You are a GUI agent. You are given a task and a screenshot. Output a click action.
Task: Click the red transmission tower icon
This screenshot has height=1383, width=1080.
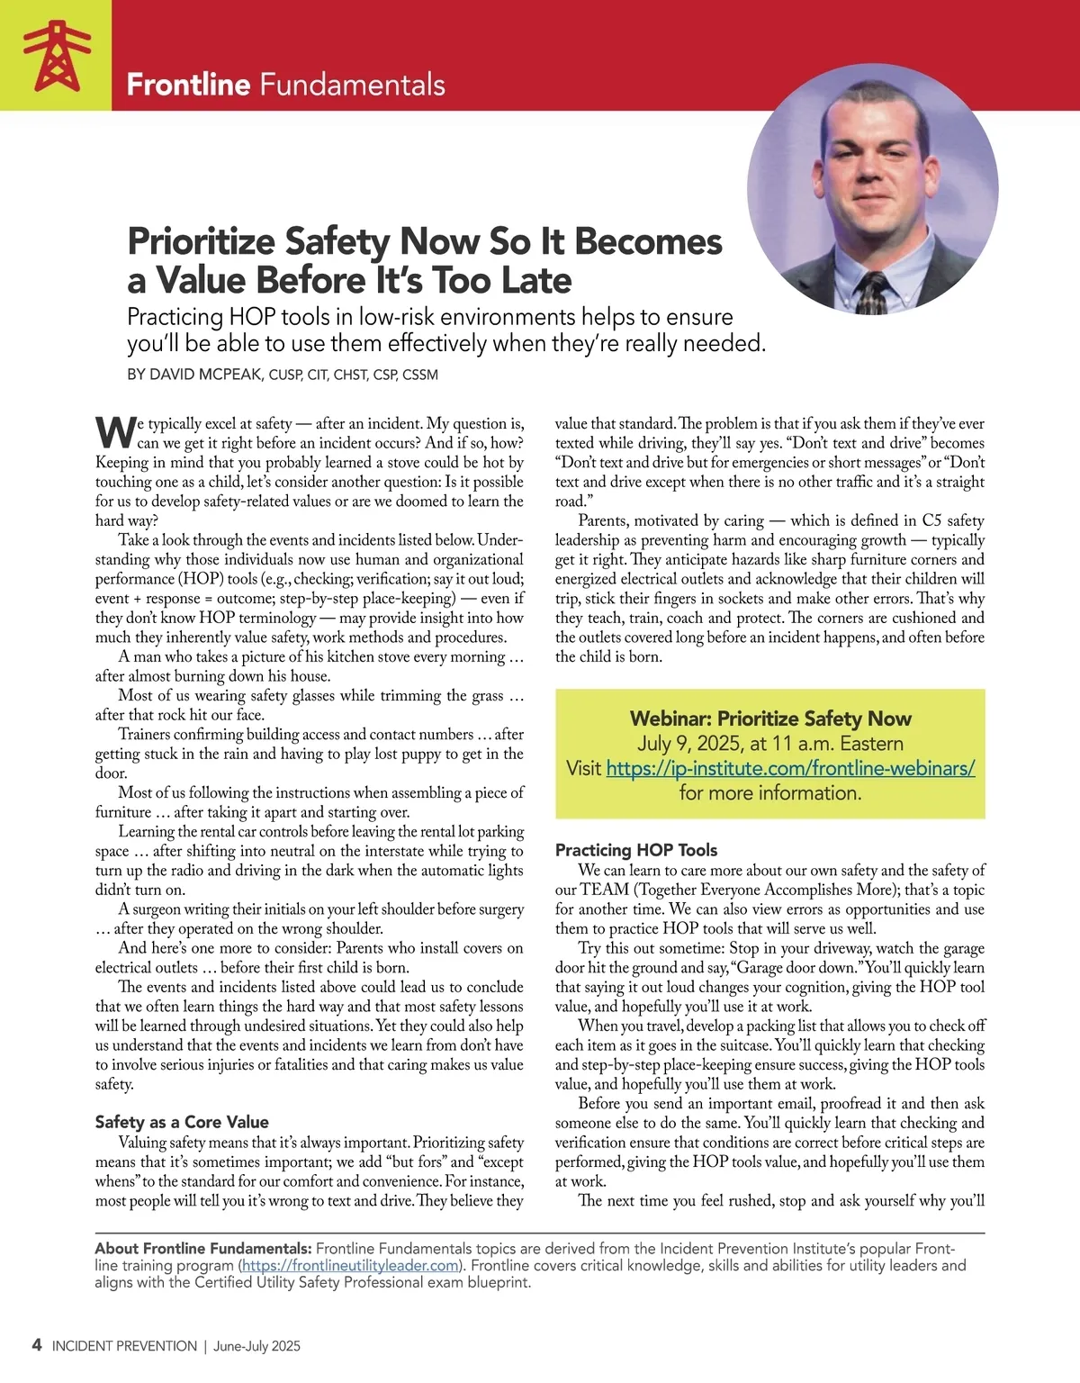[56, 56]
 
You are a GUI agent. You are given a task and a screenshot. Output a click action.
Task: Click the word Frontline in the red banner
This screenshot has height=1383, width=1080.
[188, 85]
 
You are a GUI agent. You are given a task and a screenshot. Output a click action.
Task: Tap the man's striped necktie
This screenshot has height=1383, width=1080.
[872, 293]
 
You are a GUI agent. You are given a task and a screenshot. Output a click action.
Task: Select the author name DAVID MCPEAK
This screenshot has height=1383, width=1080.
[206, 375]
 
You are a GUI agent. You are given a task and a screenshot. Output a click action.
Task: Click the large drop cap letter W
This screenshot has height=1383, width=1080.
[115, 432]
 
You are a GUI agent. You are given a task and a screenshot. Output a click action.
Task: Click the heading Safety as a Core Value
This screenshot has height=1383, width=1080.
[182, 1122]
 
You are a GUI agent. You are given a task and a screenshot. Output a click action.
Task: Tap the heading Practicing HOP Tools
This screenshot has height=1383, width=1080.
[636, 850]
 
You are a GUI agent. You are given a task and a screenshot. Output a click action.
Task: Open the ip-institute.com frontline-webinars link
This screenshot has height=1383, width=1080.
[790, 768]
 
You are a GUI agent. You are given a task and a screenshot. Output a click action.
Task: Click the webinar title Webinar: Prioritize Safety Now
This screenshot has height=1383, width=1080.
[770, 719]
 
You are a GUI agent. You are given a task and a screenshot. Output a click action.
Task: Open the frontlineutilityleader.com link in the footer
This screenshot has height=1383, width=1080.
[351, 1266]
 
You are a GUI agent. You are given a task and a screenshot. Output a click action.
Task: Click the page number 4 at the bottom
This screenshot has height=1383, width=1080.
[36, 1345]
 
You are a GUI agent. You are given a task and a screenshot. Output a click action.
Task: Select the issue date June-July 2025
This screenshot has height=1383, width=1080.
[256, 1346]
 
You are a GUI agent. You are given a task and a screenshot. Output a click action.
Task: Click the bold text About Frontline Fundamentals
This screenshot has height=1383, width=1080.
[203, 1249]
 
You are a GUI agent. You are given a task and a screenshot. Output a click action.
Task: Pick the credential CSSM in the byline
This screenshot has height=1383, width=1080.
[419, 375]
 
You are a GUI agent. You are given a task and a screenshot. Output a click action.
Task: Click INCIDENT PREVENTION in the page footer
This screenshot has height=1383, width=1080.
[124, 1346]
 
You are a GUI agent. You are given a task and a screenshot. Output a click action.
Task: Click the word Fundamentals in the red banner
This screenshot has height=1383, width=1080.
[352, 85]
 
